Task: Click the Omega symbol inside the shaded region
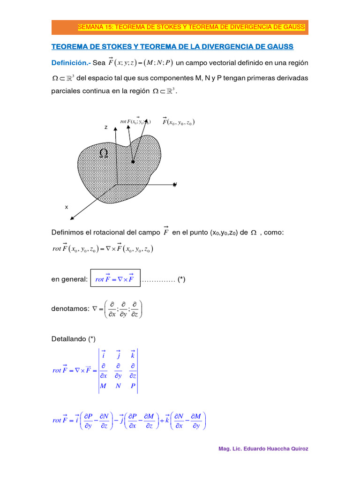104,153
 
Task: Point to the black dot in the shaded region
133,162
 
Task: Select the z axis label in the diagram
106,127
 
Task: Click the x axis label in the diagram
67,207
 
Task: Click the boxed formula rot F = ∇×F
115,279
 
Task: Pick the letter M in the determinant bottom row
103,386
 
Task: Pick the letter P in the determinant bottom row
133,386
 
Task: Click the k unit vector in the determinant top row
133,355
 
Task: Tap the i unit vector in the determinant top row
103,355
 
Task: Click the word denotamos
70,309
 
